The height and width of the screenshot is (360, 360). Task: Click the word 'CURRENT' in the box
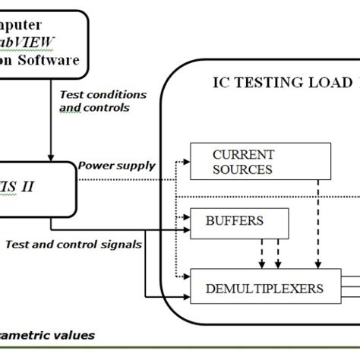(242, 153)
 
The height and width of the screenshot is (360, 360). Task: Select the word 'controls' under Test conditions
(99, 107)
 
